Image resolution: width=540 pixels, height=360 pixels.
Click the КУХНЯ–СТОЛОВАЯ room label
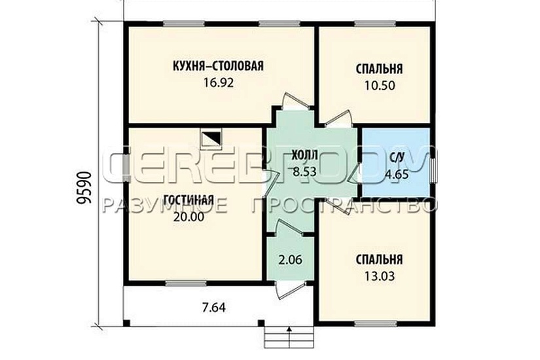point(218,65)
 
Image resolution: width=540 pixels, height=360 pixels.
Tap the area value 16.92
point(219,82)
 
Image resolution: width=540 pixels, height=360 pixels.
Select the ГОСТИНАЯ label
point(189,200)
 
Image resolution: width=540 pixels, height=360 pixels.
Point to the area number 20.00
point(189,217)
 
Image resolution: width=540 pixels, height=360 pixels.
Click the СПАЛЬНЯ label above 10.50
point(379,69)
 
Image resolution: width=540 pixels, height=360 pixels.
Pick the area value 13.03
point(379,276)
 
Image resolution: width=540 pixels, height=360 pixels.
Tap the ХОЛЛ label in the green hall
point(304,155)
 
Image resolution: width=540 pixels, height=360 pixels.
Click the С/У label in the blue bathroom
point(397,158)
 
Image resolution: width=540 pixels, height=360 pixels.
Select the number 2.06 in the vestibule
point(290,259)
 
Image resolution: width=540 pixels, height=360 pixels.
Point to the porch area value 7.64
point(213,307)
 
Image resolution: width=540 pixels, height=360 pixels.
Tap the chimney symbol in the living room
point(211,139)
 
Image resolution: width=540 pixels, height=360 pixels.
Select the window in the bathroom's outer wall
point(433,167)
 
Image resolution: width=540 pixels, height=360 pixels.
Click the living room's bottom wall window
point(186,283)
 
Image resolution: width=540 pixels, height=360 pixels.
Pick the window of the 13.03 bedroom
point(376,323)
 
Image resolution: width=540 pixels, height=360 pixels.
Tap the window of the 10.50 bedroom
point(376,24)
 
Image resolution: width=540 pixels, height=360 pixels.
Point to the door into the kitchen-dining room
point(294,101)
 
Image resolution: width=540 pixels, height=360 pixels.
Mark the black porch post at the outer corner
point(126,323)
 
